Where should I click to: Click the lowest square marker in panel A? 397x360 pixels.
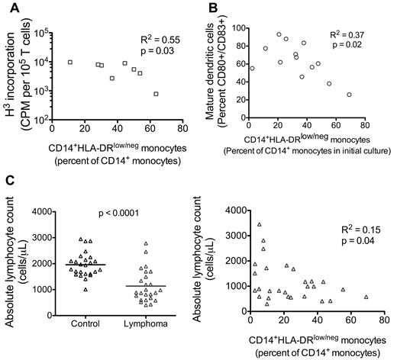pyautogui.click(x=156, y=94)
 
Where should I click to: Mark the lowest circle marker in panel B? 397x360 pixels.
pyautogui.click(x=349, y=95)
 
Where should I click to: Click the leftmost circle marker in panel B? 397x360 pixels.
pyautogui.click(x=252, y=68)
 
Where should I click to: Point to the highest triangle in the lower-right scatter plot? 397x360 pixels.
pyautogui.click(x=260, y=224)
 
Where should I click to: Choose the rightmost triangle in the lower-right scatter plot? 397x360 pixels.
pyautogui.click(x=366, y=297)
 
